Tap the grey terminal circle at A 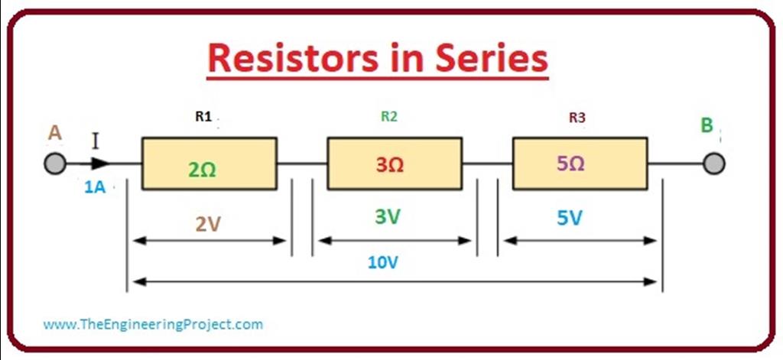point(55,164)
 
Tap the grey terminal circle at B point(714,164)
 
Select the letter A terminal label point(54,133)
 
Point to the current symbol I point(96,141)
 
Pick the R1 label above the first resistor point(203,118)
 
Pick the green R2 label point(389,117)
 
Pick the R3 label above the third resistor point(577,118)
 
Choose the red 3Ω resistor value point(390,164)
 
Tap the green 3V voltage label point(388,216)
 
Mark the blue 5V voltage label point(569,218)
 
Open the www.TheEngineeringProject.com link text point(153,324)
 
